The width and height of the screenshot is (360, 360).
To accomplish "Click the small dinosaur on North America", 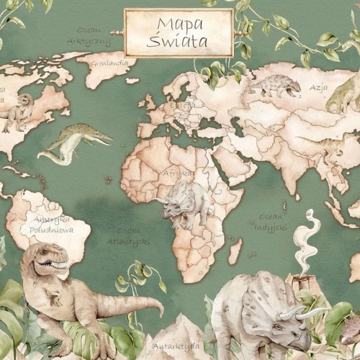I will (19, 109).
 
